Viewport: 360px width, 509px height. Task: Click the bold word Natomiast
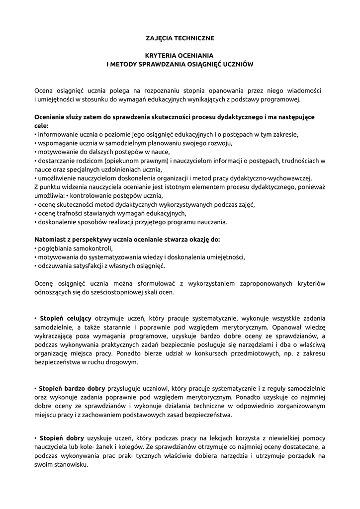(x=50, y=239)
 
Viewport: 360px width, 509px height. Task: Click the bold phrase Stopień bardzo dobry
(x=70, y=388)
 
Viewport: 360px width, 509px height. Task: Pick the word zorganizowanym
(x=297, y=406)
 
